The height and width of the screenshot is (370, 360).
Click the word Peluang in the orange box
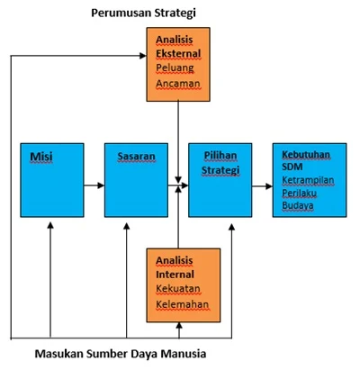point(173,68)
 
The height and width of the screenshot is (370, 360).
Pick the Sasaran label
point(137,156)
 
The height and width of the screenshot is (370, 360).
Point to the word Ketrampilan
point(309,180)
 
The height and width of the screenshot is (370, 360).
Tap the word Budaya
point(298,205)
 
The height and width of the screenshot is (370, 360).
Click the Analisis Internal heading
point(175,266)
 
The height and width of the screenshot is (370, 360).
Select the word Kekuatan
point(178,289)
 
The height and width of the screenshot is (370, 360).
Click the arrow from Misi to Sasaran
point(92,185)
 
